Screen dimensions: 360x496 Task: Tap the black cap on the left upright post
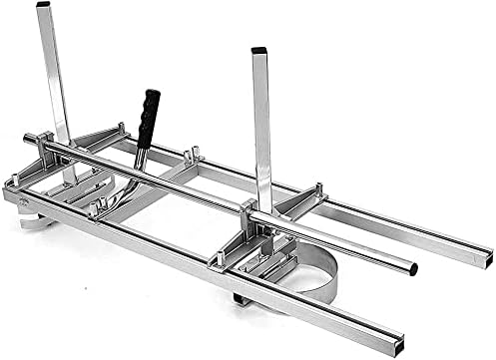point(43,5)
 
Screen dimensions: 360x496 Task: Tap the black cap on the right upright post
point(259,50)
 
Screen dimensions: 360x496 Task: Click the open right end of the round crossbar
point(412,268)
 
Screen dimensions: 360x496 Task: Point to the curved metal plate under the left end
point(35,219)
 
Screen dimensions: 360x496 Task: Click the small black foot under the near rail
point(241,298)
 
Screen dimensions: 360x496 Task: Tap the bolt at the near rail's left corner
point(12,182)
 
